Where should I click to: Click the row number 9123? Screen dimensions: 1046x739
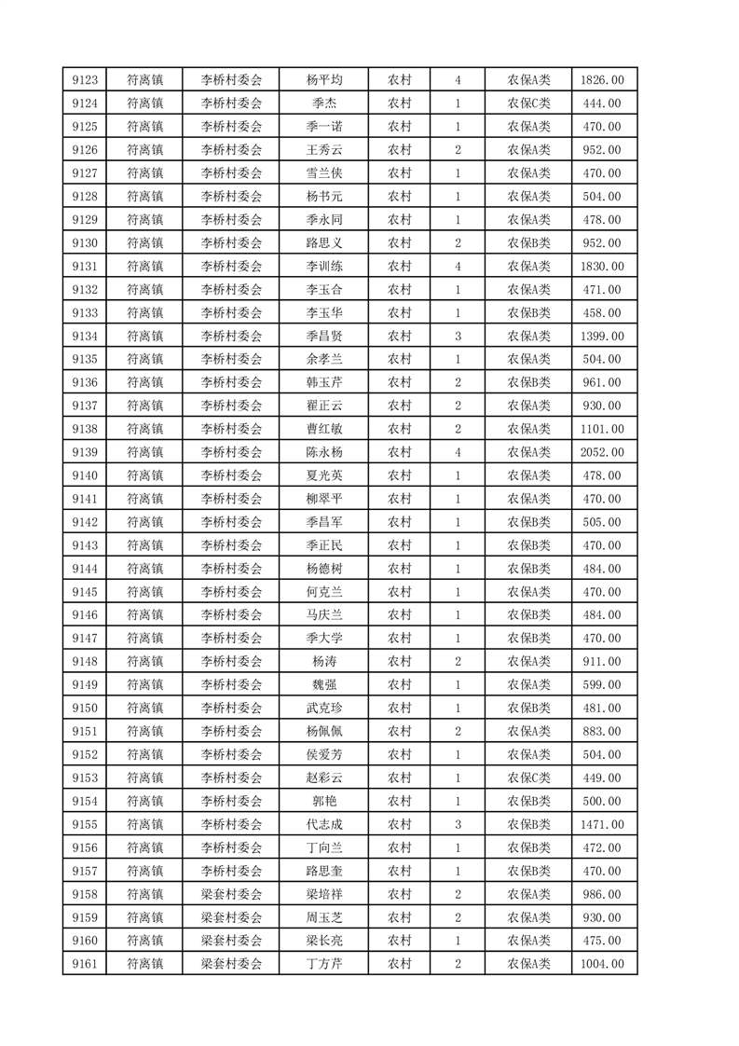tap(84, 80)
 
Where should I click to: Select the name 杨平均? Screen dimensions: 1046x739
tap(323, 80)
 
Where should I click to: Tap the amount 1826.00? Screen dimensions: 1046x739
tap(603, 80)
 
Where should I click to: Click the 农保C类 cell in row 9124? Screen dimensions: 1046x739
tap(528, 103)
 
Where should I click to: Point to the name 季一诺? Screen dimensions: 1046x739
tap(323, 127)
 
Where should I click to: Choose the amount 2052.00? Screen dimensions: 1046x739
tap(603, 452)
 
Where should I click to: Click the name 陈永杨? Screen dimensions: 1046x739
tap(323, 452)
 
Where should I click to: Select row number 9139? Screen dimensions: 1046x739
tap(84, 452)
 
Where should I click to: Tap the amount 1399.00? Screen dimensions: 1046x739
tap(603, 336)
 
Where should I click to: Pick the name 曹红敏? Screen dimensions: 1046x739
tap(323, 429)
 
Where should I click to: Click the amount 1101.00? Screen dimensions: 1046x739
tap(603, 429)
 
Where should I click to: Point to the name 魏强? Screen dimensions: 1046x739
tap(323, 684)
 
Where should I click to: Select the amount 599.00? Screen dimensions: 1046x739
tap(603, 684)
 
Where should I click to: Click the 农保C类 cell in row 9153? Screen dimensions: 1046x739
tap(528, 778)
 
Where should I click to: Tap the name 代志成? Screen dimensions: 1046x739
tap(323, 824)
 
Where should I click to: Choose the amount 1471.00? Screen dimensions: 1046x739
tap(603, 824)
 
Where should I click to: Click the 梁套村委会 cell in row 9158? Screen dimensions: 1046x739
tap(232, 894)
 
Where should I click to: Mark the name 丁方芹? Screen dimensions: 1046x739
tap(323, 964)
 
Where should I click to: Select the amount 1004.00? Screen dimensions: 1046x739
tap(603, 964)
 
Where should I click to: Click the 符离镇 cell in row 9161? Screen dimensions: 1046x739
tap(144, 964)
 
